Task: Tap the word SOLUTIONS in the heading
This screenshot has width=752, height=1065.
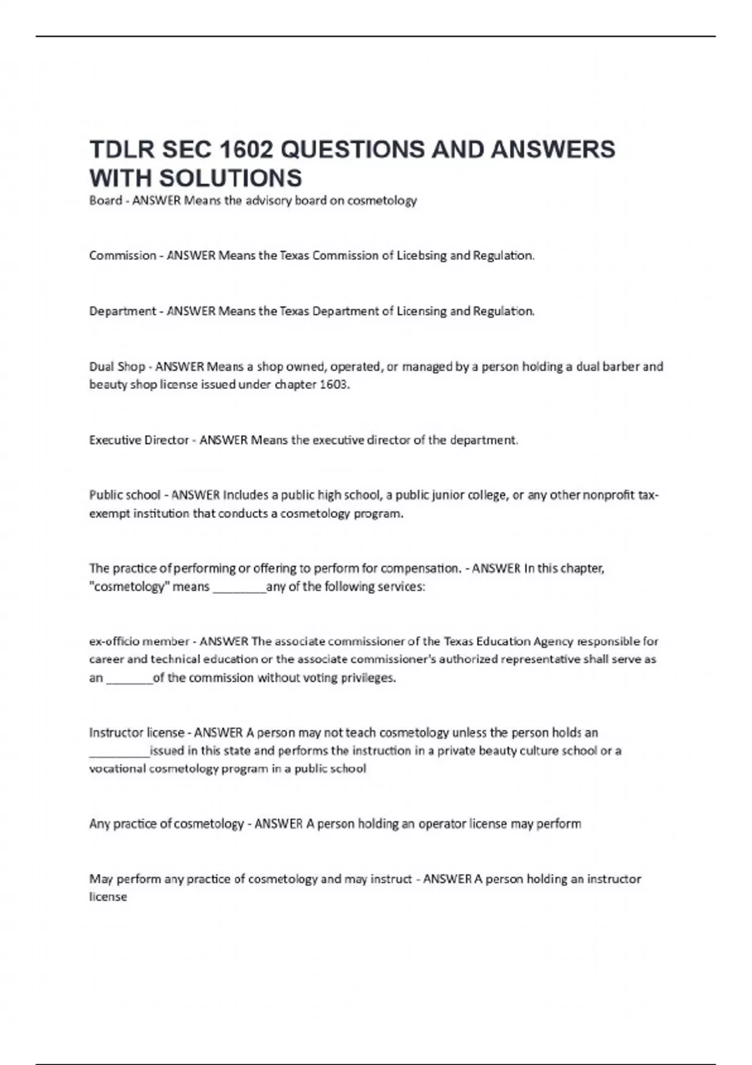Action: click(x=230, y=179)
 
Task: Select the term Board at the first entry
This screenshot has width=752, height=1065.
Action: click(x=105, y=200)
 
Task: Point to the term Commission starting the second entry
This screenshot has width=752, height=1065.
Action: click(x=122, y=256)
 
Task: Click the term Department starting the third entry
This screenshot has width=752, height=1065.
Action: click(x=122, y=311)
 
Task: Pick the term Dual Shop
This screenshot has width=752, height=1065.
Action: click(x=117, y=366)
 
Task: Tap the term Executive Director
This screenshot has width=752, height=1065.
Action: click(x=139, y=440)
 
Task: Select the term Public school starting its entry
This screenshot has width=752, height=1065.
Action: click(x=125, y=496)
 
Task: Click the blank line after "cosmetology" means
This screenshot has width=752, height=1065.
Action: click(x=239, y=589)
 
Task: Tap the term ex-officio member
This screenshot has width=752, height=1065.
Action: click(x=139, y=642)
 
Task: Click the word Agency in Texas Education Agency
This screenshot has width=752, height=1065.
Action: click(x=553, y=642)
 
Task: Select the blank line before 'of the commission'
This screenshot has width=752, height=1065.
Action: click(x=130, y=680)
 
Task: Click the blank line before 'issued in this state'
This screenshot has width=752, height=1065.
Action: click(x=119, y=752)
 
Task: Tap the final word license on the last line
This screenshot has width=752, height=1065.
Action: click(x=108, y=897)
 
